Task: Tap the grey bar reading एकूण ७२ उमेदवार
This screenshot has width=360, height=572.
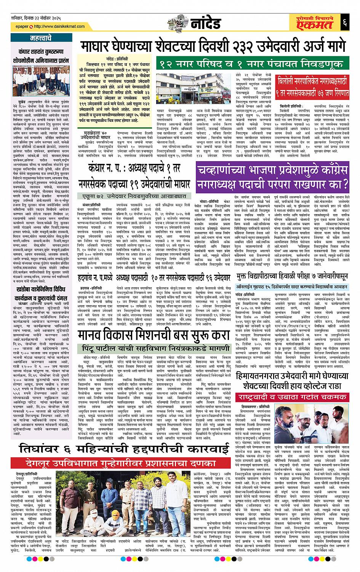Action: (x=135, y=196)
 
